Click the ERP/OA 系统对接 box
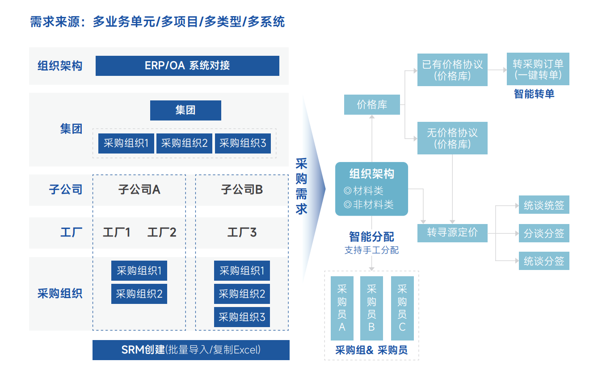pyautogui.click(x=187, y=66)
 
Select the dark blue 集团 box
pyautogui.click(x=185, y=110)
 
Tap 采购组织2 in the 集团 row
pyautogui.click(x=184, y=143)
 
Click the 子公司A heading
pyautogui.click(x=139, y=190)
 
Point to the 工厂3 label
pyautogui.click(x=242, y=233)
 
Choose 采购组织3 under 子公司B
pyautogui.click(x=242, y=317)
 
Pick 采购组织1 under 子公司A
pyautogui.click(x=139, y=270)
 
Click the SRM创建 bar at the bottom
pyautogui.click(x=191, y=350)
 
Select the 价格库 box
pyautogui.click(x=372, y=105)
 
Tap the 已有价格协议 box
pyautogui.click(x=452, y=70)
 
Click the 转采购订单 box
pyautogui.click(x=538, y=70)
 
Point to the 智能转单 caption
pyautogui.click(x=534, y=94)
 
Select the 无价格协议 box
pyautogui.click(x=452, y=138)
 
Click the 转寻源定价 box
pyautogui.click(x=452, y=233)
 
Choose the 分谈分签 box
pyautogui.click(x=543, y=233)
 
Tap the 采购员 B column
pyautogui.click(x=371, y=308)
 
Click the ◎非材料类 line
pyautogui.click(x=369, y=205)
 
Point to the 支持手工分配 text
pyautogui.click(x=371, y=250)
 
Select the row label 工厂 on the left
pyautogui.click(x=71, y=233)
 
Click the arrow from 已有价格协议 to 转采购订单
pyautogui.click(x=497, y=70)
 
